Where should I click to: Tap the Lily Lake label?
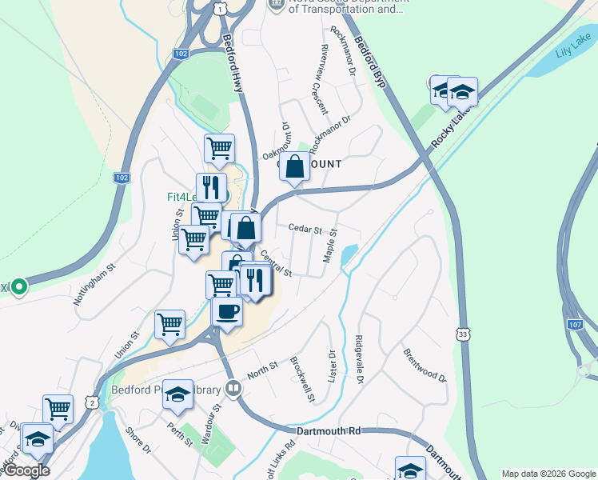pyautogui.click(x=572, y=48)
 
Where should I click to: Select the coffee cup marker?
pyautogui.click(x=228, y=310)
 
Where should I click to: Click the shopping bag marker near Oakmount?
pyautogui.click(x=295, y=167)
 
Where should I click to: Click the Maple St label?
pyautogui.click(x=329, y=246)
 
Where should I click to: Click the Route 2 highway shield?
pyautogui.click(x=93, y=403)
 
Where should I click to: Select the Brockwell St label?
pyautogui.click(x=302, y=379)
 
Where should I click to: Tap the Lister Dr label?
pyautogui.click(x=332, y=364)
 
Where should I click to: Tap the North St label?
pyautogui.click(x=262, y=370)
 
